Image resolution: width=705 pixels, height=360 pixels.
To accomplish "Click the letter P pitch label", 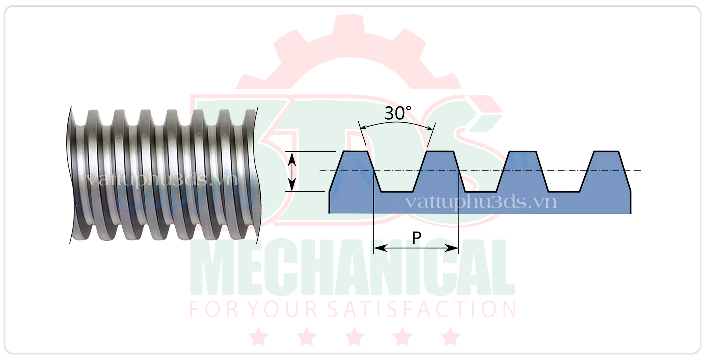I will [x=417, y=239].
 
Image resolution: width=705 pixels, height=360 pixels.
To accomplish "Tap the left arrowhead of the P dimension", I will [x=378, y=248].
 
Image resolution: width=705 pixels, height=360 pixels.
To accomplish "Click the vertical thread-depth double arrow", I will [x=293, y=171].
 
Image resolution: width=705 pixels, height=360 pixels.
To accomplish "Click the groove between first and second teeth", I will [x=397, y=191].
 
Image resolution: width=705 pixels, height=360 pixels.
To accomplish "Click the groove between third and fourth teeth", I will [x=564, y=191].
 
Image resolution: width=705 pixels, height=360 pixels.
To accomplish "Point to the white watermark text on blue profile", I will [x=480, y=202].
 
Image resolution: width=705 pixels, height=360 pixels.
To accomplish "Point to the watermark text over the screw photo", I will [x=161, y=180].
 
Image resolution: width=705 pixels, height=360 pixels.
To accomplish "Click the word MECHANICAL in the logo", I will [x=352, y=270].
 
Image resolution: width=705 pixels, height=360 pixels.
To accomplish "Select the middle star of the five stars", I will [x=354, y=336].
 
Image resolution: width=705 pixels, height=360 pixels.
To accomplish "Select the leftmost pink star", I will [x=258, y=336].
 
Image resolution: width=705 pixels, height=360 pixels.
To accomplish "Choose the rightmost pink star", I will [x=451, y=336].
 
